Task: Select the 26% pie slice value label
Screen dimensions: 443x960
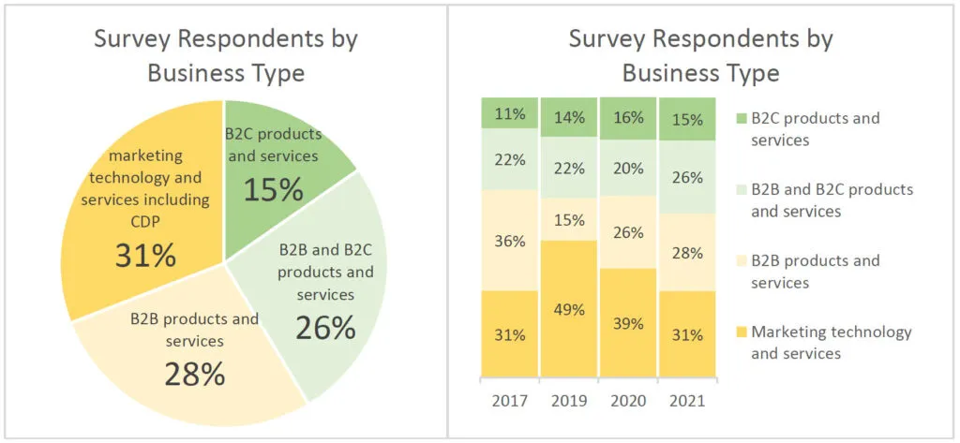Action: coord(325,327)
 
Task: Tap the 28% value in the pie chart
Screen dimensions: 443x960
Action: coord(195,373)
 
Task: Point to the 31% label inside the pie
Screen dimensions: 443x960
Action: coord(145,255)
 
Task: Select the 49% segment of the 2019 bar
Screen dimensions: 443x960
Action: coord(569,309)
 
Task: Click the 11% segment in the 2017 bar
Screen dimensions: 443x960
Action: coord(510,113)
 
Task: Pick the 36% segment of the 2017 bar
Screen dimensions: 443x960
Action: coord(510,240)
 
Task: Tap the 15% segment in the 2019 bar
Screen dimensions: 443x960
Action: coord(569,220)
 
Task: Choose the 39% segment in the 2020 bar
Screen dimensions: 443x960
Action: coord(628,323)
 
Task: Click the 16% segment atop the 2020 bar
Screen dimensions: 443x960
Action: coord(628,118)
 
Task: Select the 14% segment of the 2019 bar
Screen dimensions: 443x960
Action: coord(569,118)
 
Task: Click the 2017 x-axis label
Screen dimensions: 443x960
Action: coord(510,400)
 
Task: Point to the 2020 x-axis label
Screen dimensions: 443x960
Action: coord(628,400)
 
